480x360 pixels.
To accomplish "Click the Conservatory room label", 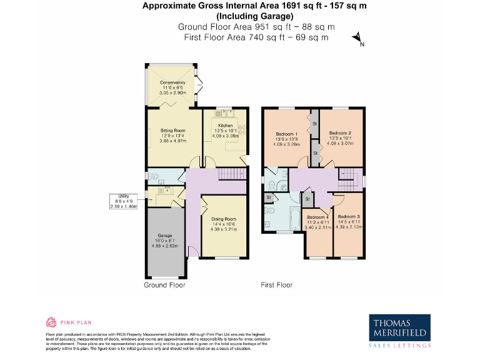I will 172,82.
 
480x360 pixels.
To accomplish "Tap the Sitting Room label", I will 164,131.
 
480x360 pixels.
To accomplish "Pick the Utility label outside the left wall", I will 123,196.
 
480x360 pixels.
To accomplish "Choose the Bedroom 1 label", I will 286,134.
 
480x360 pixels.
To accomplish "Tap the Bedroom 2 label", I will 340,133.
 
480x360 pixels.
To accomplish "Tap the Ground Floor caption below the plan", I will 164,285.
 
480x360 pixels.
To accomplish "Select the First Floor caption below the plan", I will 276,285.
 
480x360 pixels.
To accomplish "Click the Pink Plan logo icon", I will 52,322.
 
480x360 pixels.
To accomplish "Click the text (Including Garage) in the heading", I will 246,16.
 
